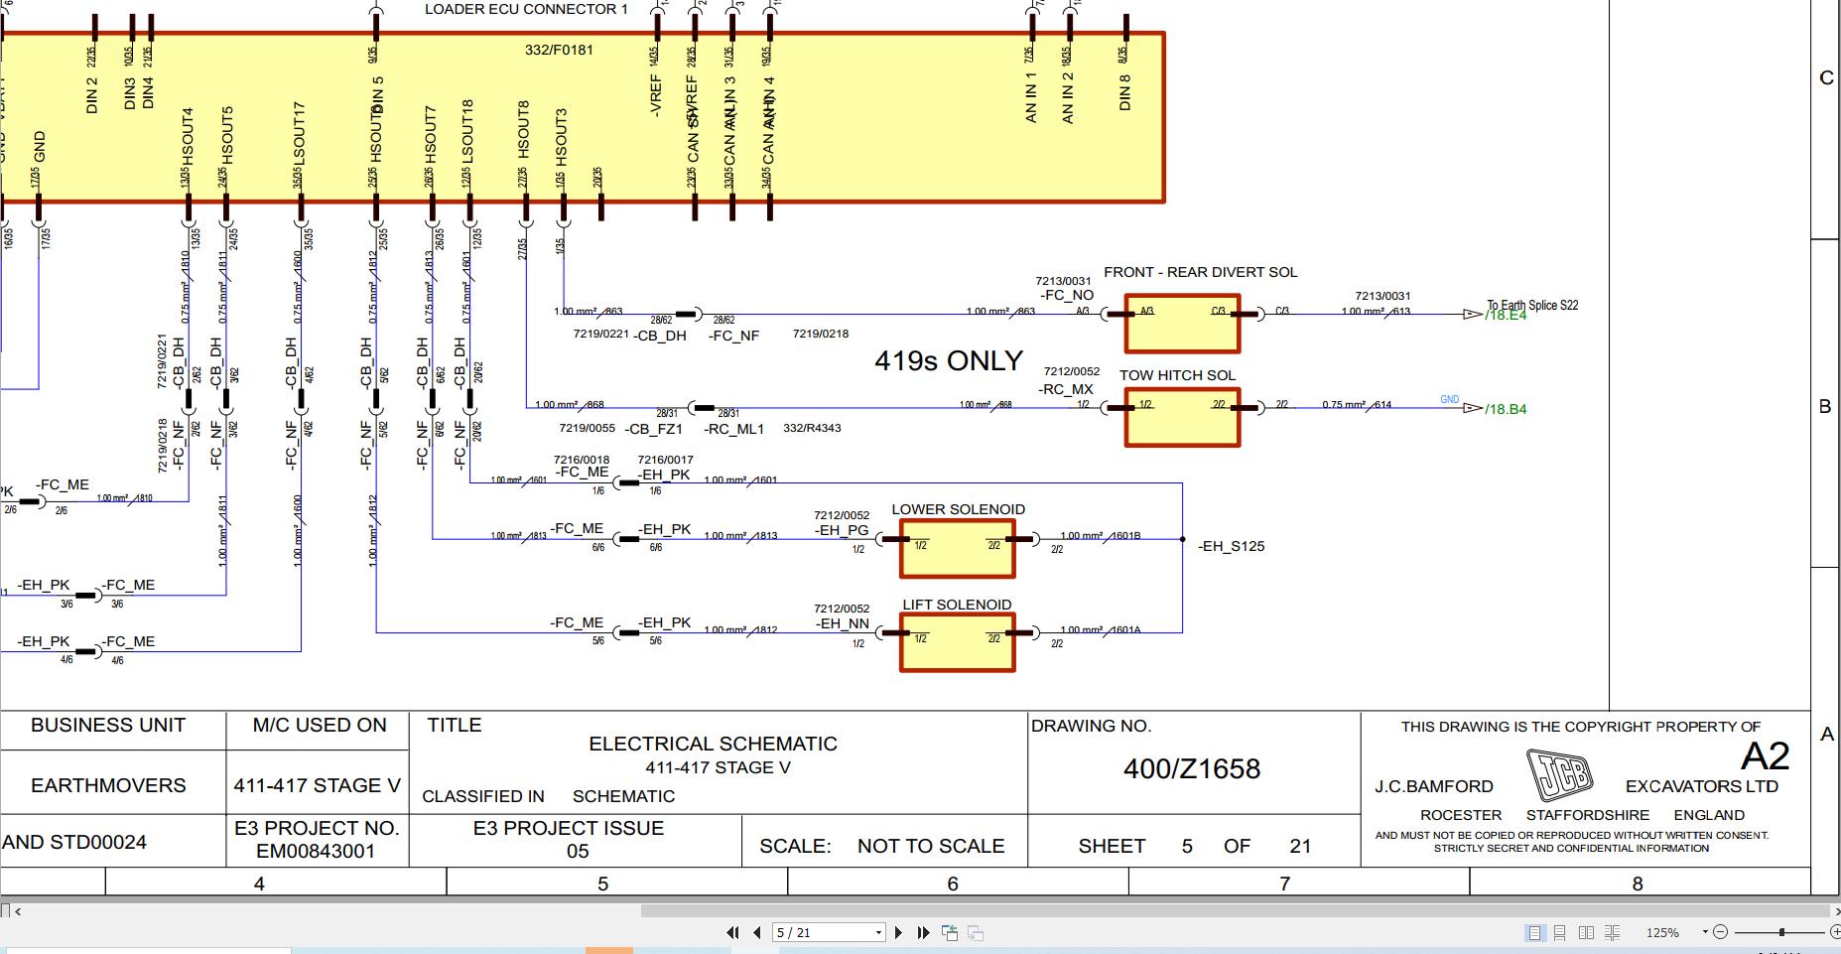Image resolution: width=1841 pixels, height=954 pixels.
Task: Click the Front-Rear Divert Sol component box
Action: point(1182,324)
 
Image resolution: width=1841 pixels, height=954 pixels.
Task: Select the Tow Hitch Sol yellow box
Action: point(1182,417)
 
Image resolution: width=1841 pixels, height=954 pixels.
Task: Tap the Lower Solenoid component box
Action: point(958,549)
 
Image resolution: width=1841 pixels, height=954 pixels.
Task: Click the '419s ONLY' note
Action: point(948,360)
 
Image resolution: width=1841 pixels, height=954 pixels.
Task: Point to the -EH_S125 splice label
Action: point(1232,546)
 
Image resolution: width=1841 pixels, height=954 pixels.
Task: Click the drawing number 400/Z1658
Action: point(1191,768)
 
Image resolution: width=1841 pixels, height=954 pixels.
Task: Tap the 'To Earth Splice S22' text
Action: point(1532,305)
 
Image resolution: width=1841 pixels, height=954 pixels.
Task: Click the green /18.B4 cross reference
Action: point(1506,409)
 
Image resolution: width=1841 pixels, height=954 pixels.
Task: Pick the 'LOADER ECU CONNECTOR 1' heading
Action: point(526,10)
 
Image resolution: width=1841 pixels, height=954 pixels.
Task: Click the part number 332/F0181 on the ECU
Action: point(559,50)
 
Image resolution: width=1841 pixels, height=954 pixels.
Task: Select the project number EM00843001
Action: point(316,851)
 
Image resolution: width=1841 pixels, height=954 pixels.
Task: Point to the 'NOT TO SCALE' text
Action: point(930,846)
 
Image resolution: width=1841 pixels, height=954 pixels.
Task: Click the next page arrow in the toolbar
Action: point(898,932)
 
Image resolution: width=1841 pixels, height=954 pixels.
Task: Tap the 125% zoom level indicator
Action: point(1662,932)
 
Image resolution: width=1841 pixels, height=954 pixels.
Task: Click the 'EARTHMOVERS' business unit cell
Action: point(108,785)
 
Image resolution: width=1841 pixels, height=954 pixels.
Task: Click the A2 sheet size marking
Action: point(1765,756)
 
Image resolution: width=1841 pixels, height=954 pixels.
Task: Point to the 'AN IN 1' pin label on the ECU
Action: point(1031,96)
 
